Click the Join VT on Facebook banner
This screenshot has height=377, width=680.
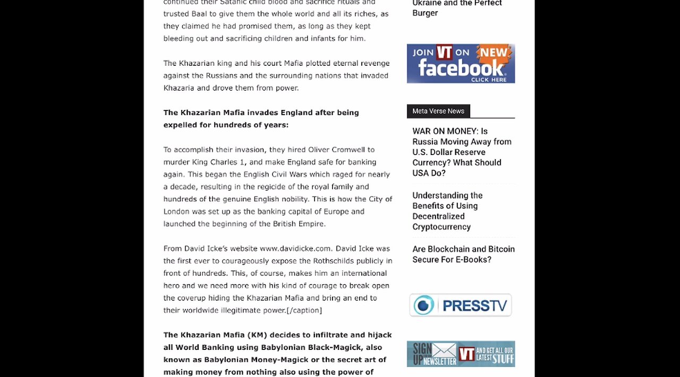pyautogui.click(x=461, y=64)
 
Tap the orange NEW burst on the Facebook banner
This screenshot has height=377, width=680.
pyautogui.click(x=495, y=52)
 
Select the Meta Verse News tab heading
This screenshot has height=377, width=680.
pyautogui.click(x=438, y=111)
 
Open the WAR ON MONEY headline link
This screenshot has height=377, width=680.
pyautogui.click(x=462, y=152)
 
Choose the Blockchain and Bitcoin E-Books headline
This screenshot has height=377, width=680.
pyautogui.click(x=463, y=254)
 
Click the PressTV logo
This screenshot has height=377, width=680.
pyautogui.click(x=461, y=305)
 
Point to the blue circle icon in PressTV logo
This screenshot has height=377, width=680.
pyautogui.click(x=424, y=305)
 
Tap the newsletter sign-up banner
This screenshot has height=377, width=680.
pyautogui.click(x=461, y=354)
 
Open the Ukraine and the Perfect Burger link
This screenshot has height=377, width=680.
pyautogui.click(x=457, y=8)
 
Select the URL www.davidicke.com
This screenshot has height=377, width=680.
pyautogui.click(x=295, y=249)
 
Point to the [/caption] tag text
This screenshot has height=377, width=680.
pyautogui.click(x=304, y=311)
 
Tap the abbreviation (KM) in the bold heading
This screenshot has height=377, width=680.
pyautogui.click(x=259, y=335)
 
